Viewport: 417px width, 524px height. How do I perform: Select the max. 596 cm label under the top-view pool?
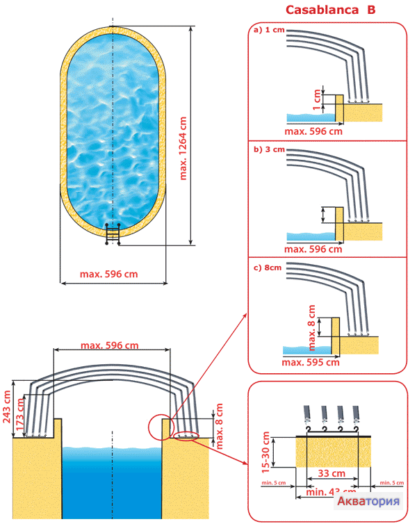108,274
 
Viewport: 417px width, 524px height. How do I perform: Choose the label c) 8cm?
269,268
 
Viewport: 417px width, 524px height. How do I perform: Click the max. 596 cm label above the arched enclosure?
109,345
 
